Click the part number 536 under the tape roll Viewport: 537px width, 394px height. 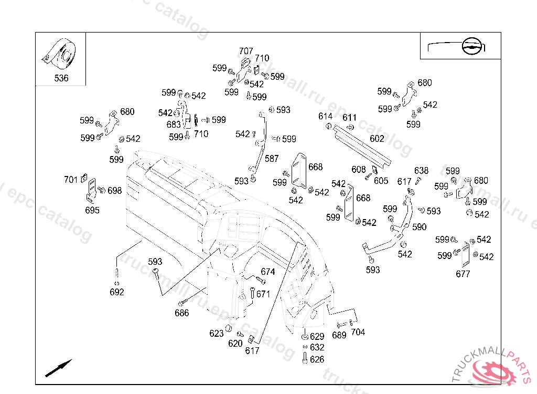click(61, 79)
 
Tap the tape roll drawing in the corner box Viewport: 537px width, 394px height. click(60, 55)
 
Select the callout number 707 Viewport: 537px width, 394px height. click(246, 51)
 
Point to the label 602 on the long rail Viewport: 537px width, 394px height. click(377, 139)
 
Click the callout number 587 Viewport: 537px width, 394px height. click(272, 159)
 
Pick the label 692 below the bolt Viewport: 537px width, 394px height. click(117, 292)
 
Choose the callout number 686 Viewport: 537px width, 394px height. click(182, 313)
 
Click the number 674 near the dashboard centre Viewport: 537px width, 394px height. click(268, 272)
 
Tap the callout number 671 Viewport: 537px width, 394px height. click(263, 294)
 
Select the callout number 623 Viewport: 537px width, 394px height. click(217, 334)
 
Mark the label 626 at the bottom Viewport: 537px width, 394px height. click(317, 359)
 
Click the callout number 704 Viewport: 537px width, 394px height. click(358, 332)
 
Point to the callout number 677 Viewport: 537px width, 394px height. click(463, 274)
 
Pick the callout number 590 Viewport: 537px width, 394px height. click(420, 227)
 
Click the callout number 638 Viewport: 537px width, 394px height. click(421, 171)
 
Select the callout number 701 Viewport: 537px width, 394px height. click(71, 180)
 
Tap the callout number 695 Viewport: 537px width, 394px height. click(92, 210)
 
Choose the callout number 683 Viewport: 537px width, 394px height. click(174, 125)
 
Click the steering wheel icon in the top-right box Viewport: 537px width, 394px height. click(470, 47)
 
